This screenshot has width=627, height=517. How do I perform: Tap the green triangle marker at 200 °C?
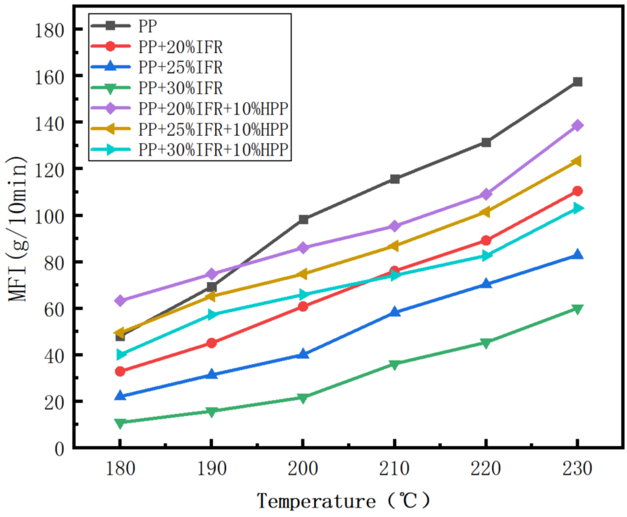(303, 398)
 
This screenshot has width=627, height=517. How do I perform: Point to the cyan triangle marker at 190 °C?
(212, 314)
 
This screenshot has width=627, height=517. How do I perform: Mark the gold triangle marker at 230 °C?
(577, 161)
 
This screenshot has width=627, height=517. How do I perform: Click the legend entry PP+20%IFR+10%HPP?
(213, 109)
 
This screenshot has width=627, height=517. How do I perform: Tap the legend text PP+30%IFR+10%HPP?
(213, 150)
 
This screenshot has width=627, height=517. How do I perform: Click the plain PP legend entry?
(148, 27)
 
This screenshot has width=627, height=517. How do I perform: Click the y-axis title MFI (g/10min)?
(17, 229)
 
